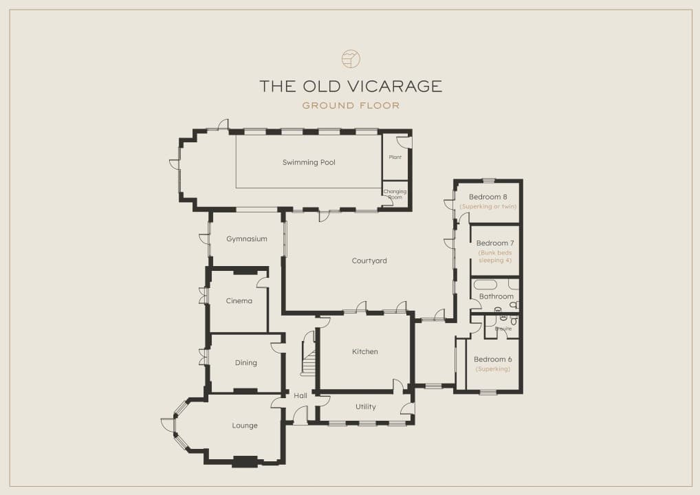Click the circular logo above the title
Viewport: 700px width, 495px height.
[x=351, y=58]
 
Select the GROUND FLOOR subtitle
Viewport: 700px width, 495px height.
[x=351, y=106]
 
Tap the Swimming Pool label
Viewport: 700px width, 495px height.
[x=309, y=162]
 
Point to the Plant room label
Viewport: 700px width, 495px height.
[x=395, y=157]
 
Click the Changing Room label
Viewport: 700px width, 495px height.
[x=395, y=194]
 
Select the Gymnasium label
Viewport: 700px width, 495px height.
[x=247, y=239]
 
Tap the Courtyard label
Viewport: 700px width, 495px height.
[x=369, y=261]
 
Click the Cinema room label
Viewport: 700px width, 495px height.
[x=239, y=301]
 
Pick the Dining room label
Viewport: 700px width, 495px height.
[x=246, y=363]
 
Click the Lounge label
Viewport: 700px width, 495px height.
[x=245, y=426]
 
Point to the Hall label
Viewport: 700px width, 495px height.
[x=300, y=395]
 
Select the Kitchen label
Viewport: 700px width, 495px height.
[x=365, y=352]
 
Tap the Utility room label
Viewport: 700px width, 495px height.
[x=366, y=406]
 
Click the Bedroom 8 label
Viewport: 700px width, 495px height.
[x=488, y=197]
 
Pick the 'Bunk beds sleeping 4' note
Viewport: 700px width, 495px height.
[x=495, y=256]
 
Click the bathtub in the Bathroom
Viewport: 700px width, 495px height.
[x=485, y=285]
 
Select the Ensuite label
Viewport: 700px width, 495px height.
[x=503, y=329]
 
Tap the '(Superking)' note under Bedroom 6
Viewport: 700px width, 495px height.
[x=493, y=369]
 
